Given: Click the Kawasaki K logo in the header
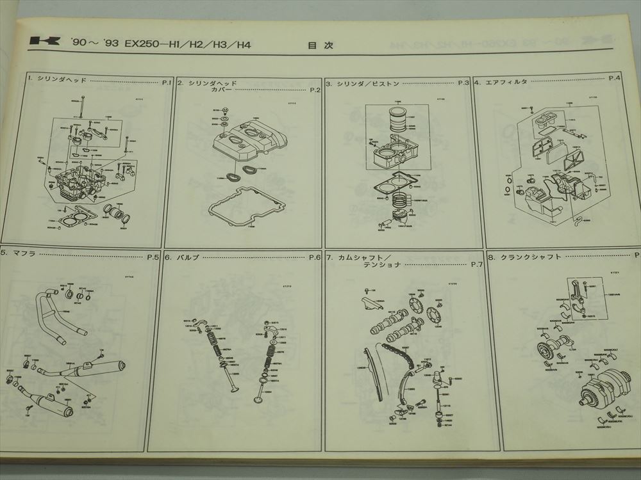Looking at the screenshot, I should pyautogui.click(x=42, y=44).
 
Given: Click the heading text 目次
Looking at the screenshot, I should pyautogui.click(x=317, y=45).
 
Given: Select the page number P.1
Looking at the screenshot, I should pyautogui.click(x=165, y=82).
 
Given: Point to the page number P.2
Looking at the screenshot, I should pyautogui.click(x=314, y=90).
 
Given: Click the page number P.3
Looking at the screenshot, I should pyautogui.click(x=463, y=83).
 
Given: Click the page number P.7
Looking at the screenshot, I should pyautogui.click(x=476, y=265).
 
